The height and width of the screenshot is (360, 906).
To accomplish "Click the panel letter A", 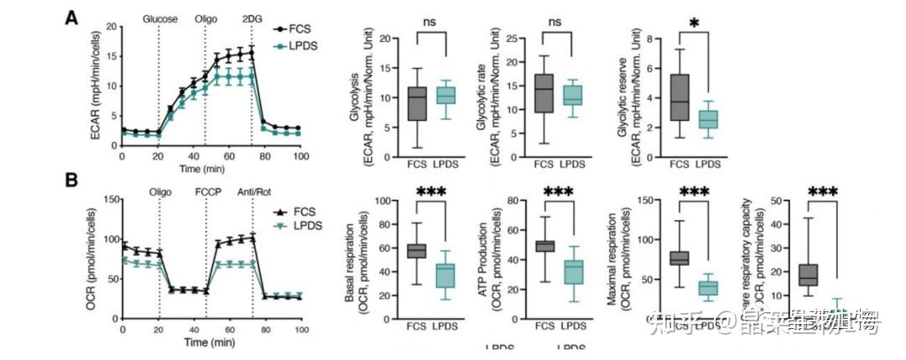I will pos(73,18).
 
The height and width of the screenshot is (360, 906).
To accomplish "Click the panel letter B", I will pos(73,180).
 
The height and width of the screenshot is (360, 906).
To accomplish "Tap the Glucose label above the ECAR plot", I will pos(159,18).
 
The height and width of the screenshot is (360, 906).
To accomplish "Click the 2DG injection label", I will pos(252,18).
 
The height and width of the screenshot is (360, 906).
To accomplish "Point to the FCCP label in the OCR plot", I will pos(206,190).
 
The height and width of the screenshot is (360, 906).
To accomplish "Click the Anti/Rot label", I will pos(253,190).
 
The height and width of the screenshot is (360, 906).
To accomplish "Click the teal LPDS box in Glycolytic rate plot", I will pos(573,95).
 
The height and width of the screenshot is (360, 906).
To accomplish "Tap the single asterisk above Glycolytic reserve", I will pos(694,23).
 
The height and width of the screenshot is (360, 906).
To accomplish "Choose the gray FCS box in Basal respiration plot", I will pos(416,251).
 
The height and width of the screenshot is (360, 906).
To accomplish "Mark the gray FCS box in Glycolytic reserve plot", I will pos(679,97).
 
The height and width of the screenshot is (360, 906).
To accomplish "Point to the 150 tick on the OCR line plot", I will pos(108,199).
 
